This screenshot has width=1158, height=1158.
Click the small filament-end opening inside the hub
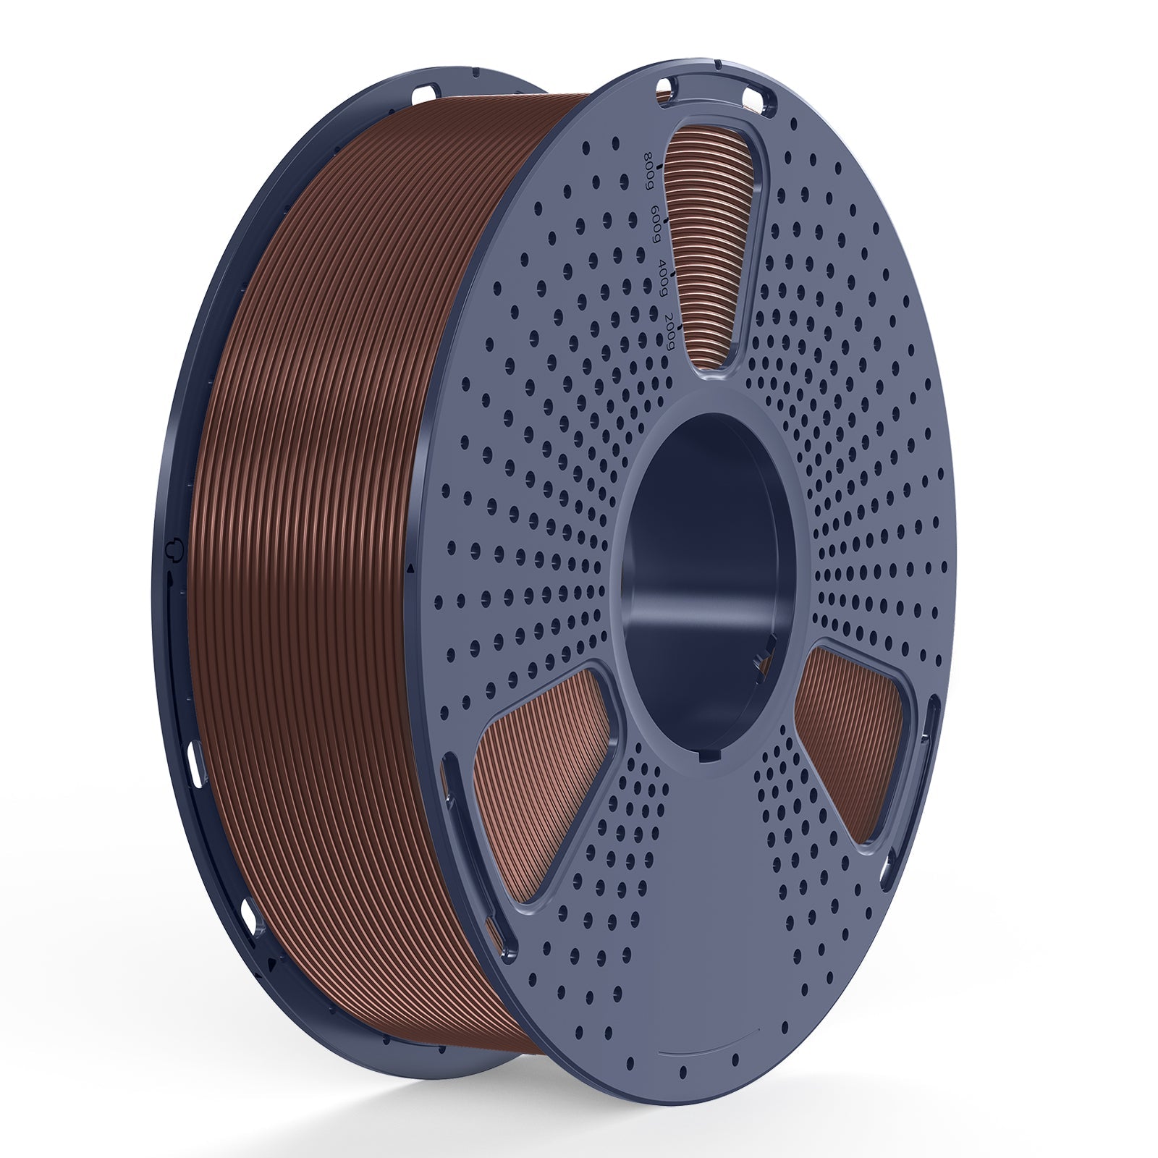point(758,660)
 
